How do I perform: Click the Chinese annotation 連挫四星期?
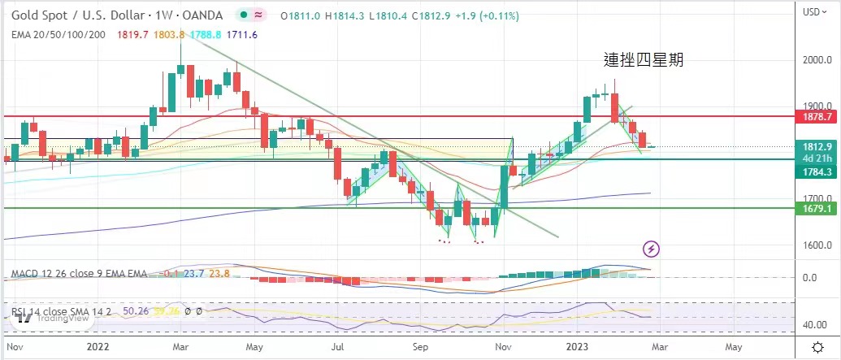[x=643, y=59]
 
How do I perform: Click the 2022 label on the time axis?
[x=98, y=345]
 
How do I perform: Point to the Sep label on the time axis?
[x=420, y=345]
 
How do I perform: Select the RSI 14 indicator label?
[x=33, y=309]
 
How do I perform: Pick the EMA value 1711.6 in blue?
[x=243, y=34]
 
